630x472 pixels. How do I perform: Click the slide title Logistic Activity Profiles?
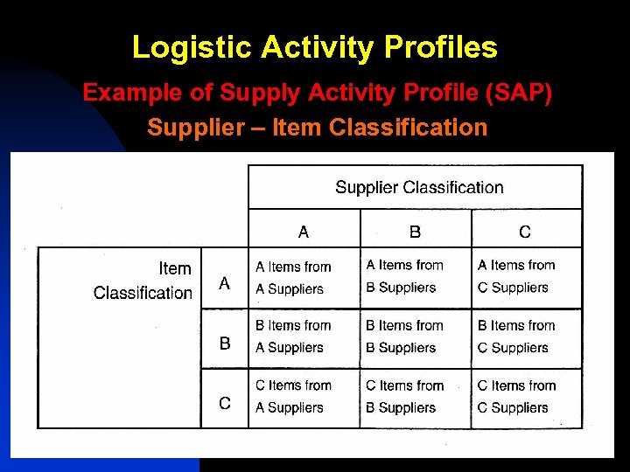[x=315, y=47]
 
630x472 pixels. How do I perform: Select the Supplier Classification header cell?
[x=419, y=187]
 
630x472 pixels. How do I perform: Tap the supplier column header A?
[x=304, y=232]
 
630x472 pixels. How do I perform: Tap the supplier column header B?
[x=415, y=232]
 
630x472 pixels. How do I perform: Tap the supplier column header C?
[x=525, y=232]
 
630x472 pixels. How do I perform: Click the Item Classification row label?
[x=143, y=281]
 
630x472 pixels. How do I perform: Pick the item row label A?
[x=225, y=283]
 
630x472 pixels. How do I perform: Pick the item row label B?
[x=225, y=344]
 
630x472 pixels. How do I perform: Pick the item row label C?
[x=225, y=403]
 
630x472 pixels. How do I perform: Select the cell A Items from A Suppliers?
[x=293, y=278]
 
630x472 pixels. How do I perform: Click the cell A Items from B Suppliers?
[x=404, y=276]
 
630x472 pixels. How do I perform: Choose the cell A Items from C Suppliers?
[x=515, y=276]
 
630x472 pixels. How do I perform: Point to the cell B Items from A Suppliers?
[x=293, y=337]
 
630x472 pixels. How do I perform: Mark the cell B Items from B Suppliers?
[x=404, y=337]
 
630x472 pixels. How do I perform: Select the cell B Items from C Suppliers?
[x=515, y=337]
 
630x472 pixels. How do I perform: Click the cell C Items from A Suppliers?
[x=293, y=397]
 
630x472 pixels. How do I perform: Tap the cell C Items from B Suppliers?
[x=404, y=397]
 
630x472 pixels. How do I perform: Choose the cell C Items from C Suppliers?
[x=515, y=397]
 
